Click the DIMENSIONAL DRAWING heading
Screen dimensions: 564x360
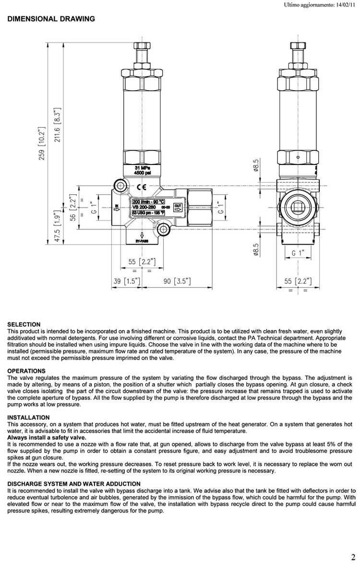(51, 19)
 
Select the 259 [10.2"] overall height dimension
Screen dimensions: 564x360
(42, 144)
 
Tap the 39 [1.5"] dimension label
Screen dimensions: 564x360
(127, 281)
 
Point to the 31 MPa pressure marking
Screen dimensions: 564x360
(142, 167)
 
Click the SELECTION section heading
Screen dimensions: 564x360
(24, 325)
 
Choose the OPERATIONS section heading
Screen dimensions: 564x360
(26, 371)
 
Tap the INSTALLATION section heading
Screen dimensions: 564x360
(28, 418)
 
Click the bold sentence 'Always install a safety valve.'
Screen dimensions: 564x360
(47, 437)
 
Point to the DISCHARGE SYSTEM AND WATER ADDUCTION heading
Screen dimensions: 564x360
(74, 484)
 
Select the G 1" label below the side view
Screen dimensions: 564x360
(300, 252)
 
